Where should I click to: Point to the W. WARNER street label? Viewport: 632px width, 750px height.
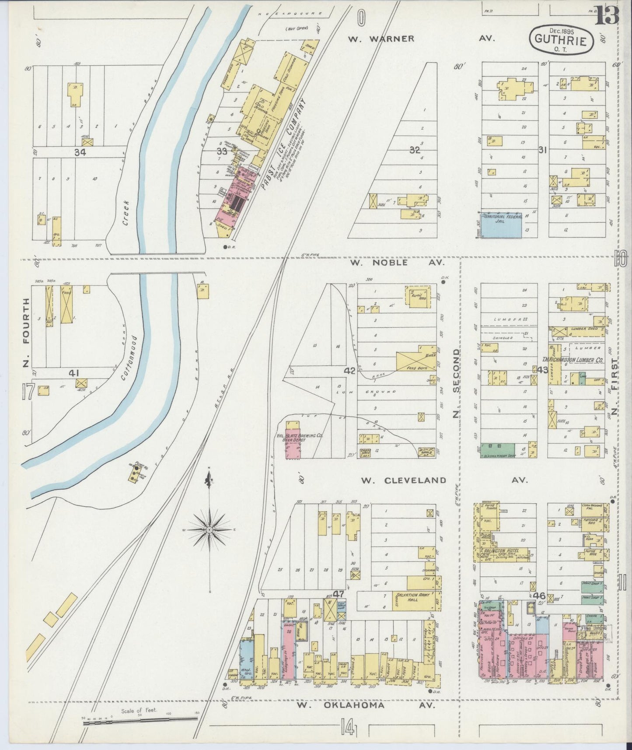381,39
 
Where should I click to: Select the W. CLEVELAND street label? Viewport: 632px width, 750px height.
403,480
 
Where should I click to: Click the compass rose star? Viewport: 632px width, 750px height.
210,529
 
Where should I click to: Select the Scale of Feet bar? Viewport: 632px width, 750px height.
140,719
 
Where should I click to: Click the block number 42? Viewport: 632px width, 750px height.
349,371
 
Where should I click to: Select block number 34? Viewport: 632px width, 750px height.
80,152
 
